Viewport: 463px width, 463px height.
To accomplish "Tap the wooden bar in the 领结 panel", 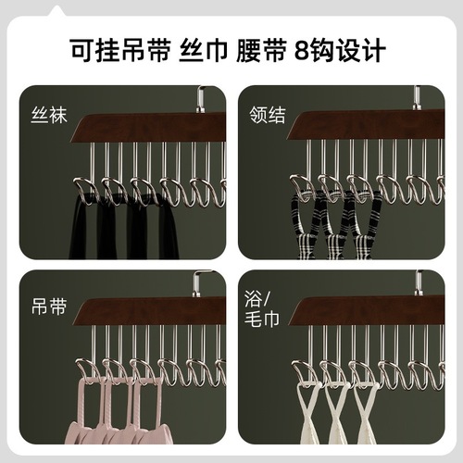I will click(370, 124).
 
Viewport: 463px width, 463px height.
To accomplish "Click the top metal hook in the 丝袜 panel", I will click(200, 97).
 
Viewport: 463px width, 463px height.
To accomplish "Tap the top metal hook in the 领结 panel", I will click(417, 96).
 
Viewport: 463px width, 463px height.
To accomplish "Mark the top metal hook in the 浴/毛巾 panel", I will click(418, 280).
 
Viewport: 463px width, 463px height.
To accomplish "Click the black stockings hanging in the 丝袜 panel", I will click(120, 231).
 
